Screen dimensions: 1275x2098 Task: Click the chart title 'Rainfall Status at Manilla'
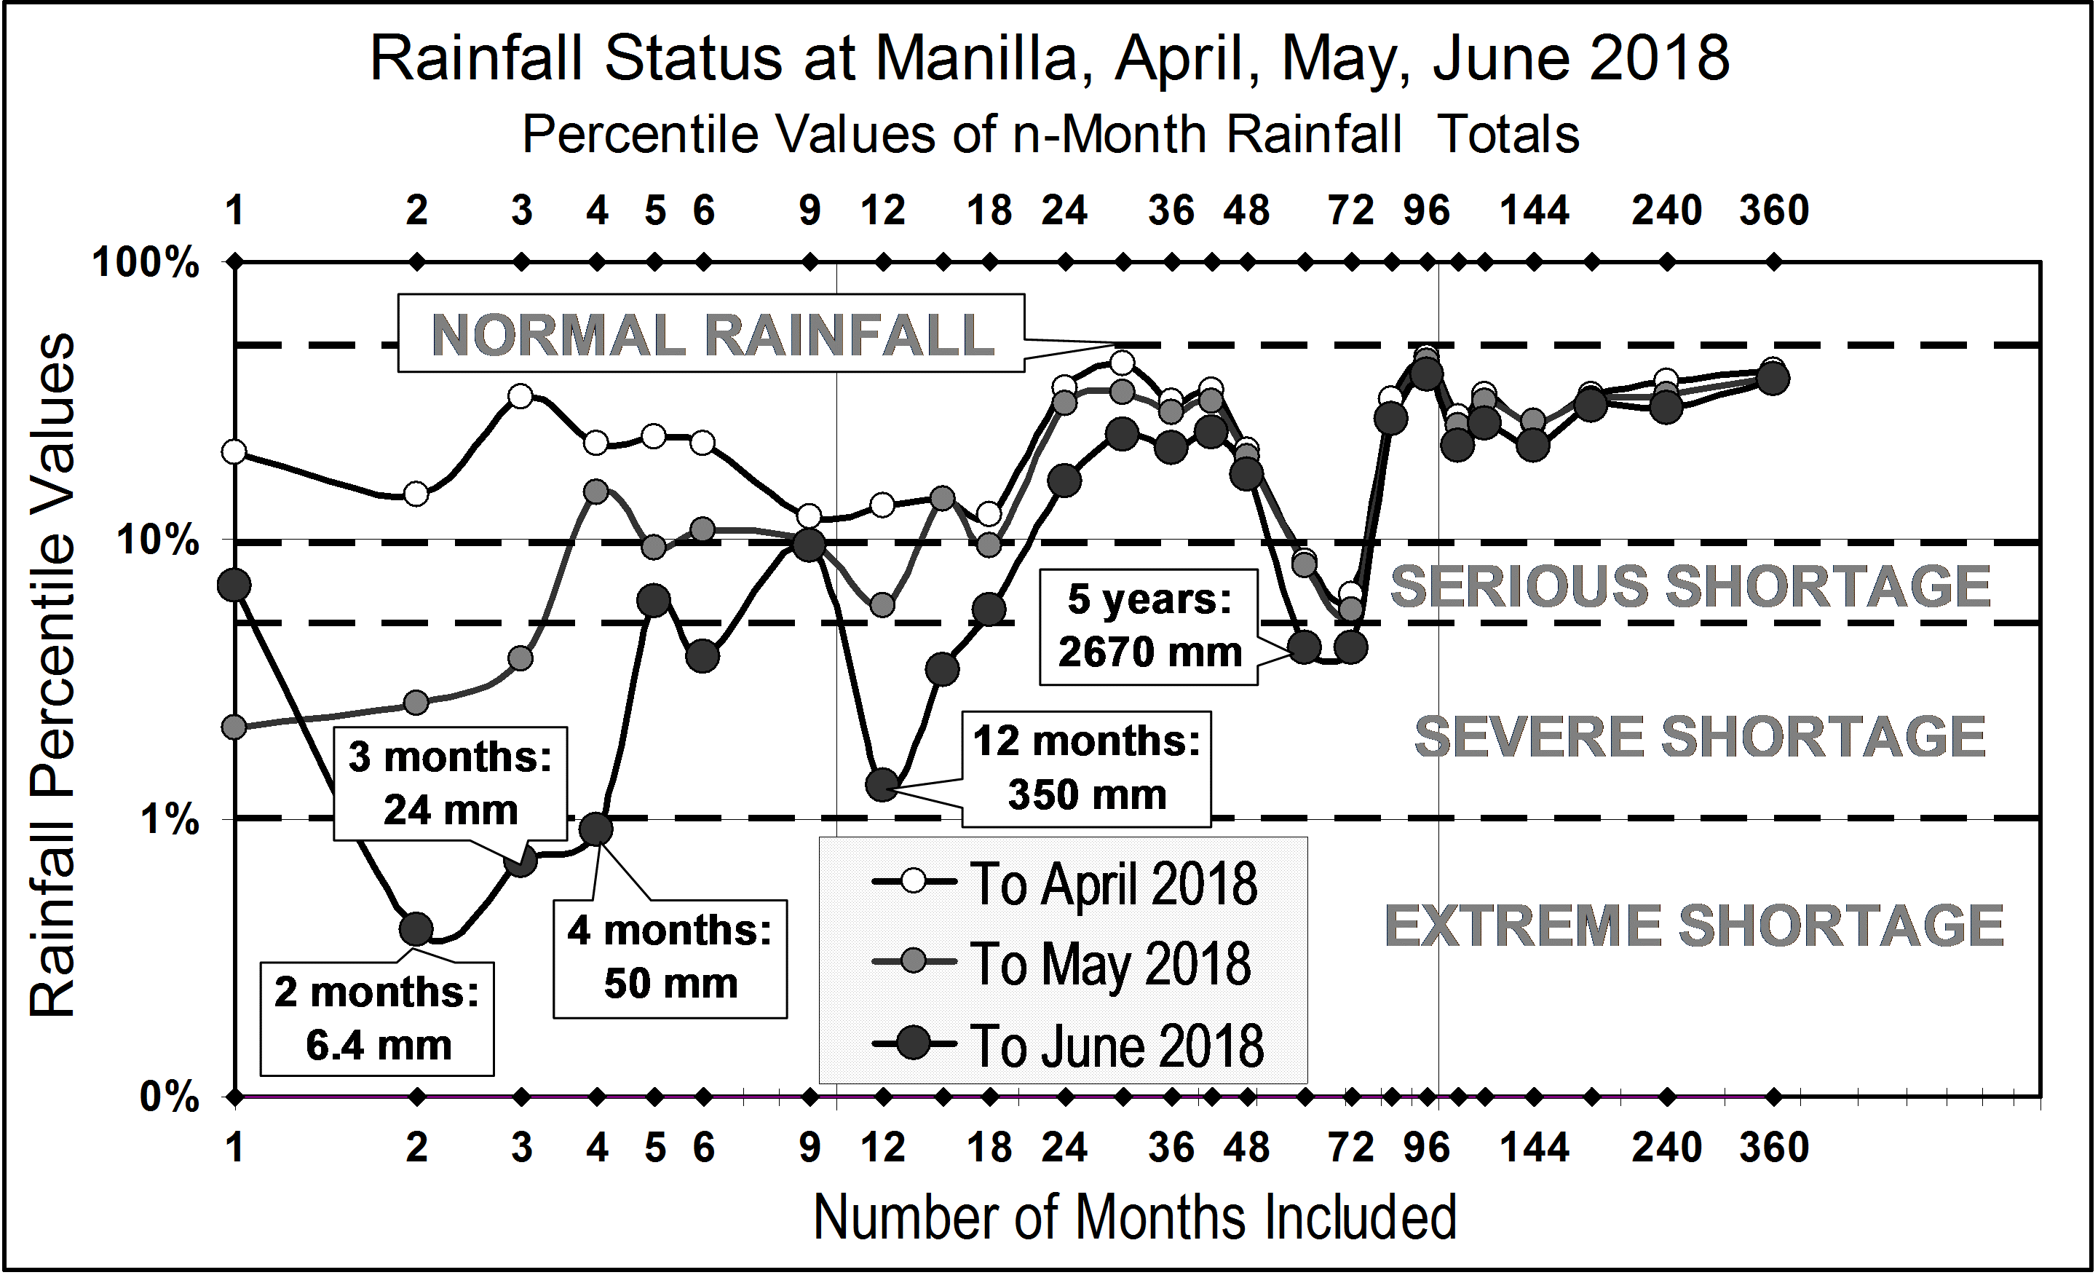tap(1049, 60)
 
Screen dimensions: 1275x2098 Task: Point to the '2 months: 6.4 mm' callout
tap(377, 1019)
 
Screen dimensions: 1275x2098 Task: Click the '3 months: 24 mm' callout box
tap(450, 783)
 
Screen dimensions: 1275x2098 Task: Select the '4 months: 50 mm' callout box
tap(670, 958)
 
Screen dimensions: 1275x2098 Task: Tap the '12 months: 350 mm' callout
tap(1086, 768)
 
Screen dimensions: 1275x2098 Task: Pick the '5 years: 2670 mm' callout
tap(1149, 626)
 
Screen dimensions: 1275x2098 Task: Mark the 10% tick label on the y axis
tap(157, 540)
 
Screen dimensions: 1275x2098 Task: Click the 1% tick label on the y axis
tap(169, 819)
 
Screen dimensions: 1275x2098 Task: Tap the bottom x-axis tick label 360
tap(1773, 1148)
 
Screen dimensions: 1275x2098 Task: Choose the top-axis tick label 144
tap(1534, 210)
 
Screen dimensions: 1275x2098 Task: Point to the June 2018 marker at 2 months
tap(416, 928)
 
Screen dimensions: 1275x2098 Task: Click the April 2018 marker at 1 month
tap(234, 451)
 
